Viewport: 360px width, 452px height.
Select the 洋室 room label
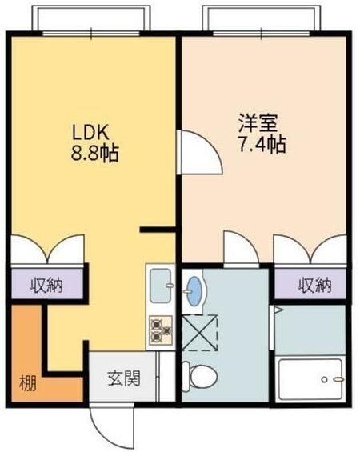tap(256, 123)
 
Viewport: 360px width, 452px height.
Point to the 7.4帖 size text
tap(261, 145)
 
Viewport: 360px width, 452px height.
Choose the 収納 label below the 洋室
tap(314, 284)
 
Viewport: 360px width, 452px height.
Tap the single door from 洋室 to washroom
tap(240, 248)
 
